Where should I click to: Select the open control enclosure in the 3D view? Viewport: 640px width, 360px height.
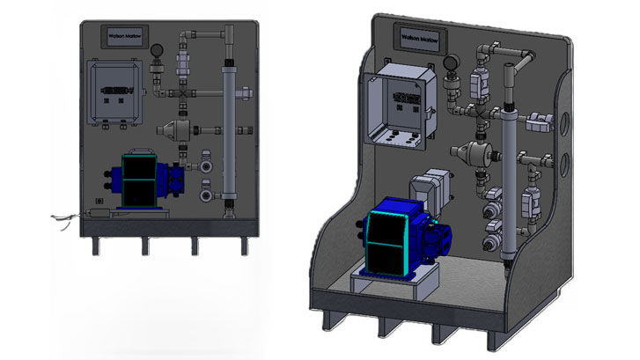(397, 110)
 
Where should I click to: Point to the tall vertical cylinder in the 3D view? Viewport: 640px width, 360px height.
(509, 185)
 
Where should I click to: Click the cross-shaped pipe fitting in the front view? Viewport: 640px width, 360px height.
(182, 92)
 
